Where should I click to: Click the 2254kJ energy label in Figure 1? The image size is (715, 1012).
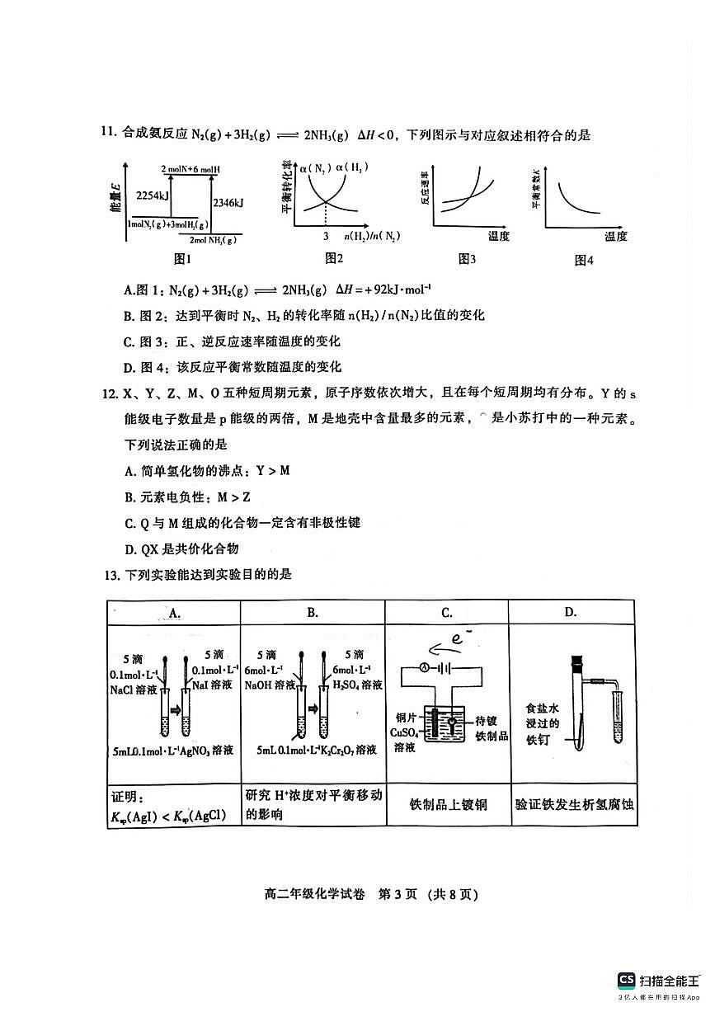coord(153,195)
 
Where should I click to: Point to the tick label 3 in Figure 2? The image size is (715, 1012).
coord(325,237)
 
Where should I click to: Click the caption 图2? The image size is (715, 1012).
coord(334,259)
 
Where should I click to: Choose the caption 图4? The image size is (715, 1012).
coord(584,261)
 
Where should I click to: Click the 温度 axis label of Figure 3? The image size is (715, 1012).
coord(498,237)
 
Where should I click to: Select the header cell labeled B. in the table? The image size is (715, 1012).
coord(313,612)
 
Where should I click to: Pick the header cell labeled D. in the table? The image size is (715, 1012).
coord(570,612)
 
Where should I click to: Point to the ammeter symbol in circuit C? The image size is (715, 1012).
coord(421,667)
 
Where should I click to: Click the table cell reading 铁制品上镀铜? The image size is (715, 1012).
coord(448,803)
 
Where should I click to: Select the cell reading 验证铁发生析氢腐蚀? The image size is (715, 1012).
coord(574,803)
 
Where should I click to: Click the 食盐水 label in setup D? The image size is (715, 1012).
coord(543,708)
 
